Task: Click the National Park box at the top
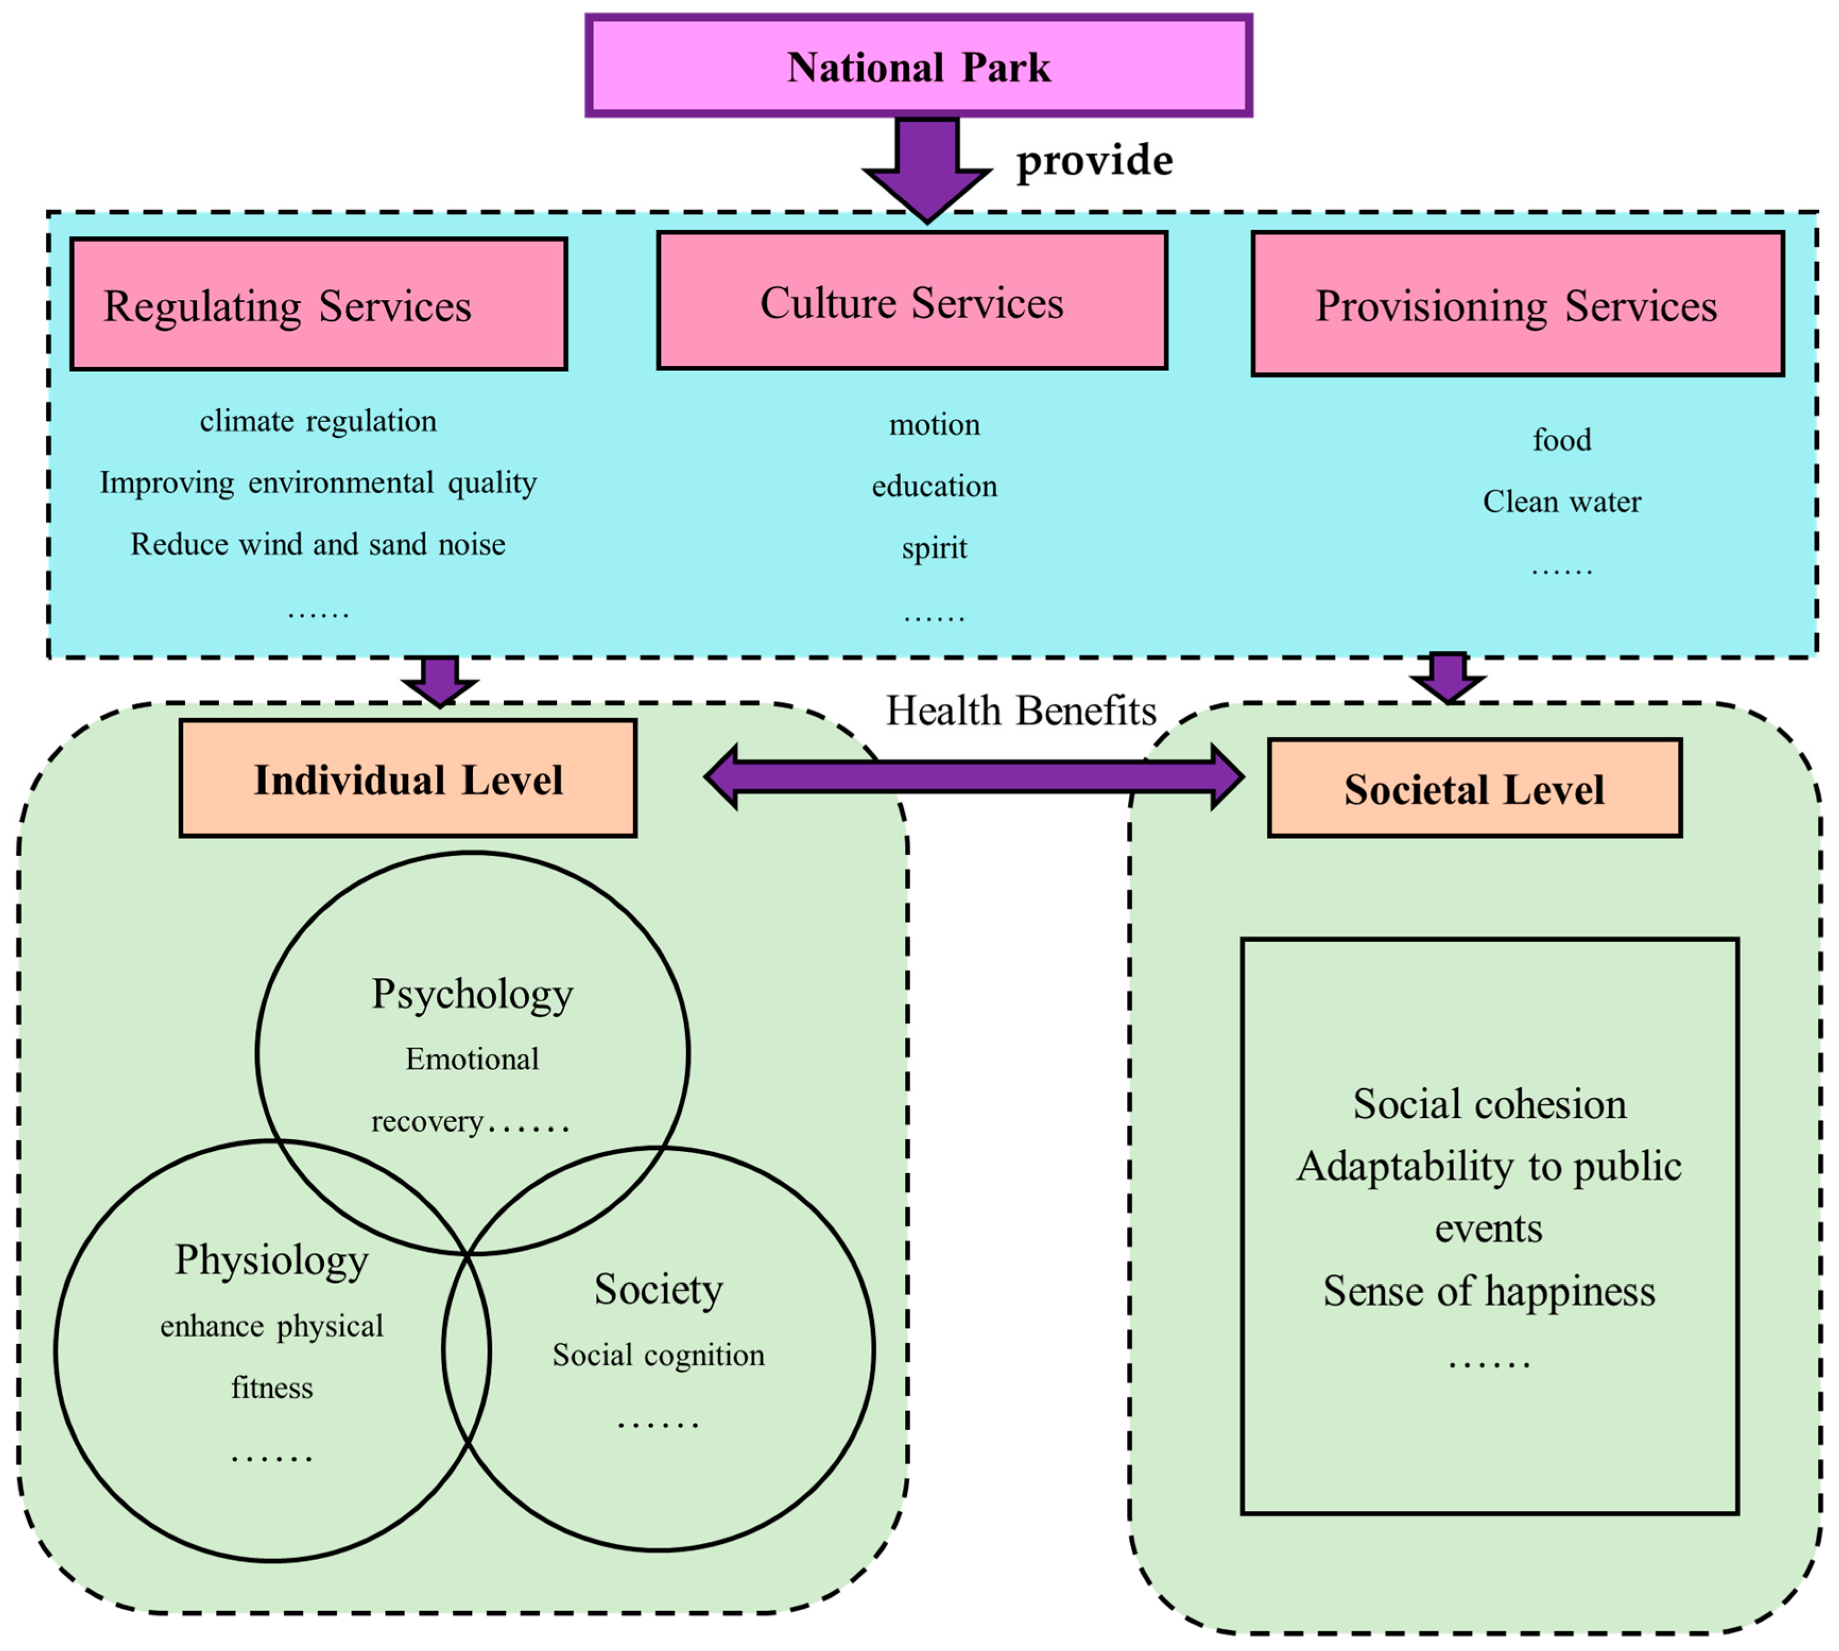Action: click(919, 65)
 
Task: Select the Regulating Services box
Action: click(319, 304)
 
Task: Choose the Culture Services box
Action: click(912, 300)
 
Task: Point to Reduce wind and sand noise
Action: click(318, 544)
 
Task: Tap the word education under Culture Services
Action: click(935, 486)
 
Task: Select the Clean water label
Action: click(1561, 502)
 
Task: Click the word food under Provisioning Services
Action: click(1561, 440)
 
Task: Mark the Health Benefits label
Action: click(1021, 710)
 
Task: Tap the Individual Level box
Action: click(408, 778)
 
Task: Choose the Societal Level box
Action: click(1474, 787)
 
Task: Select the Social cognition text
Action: click(658, 1355)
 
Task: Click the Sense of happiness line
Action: click(1489, 1292)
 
